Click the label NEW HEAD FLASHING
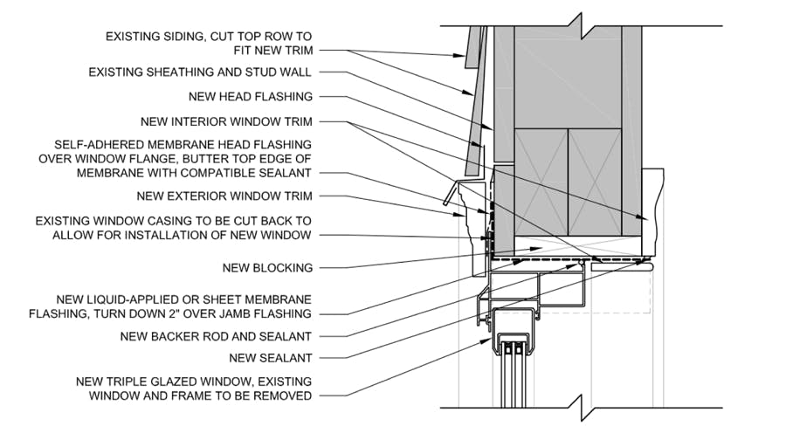[x=250, y=97]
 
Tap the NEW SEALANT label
[x=271, y=358]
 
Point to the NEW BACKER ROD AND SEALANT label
[x=224, y=336]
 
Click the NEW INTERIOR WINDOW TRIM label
[x=226, y=121]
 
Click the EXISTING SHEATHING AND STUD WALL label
[x=200, y=72]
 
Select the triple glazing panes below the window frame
[x=513, y=375]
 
